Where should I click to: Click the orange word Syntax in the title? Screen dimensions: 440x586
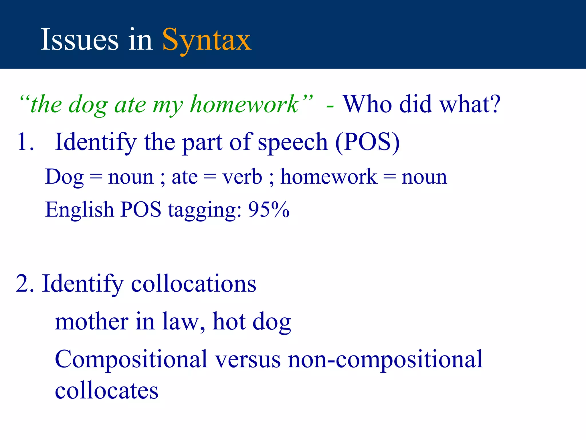pos(207,40)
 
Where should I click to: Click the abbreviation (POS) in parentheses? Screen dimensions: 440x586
pos(367,142)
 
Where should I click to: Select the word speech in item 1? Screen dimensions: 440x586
pos(292,143)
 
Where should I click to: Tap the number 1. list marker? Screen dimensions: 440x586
pos(25,142)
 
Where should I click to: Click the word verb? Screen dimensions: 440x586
pos(242,177)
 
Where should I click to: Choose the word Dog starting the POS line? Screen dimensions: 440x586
pos(64,177)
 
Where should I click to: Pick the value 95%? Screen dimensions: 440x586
pos(269,209)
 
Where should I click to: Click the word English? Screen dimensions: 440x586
pos(80,210)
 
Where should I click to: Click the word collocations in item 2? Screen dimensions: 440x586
pos(193,284)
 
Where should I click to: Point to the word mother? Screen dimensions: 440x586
pos(92,321)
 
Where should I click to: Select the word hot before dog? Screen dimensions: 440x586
pos(229,321)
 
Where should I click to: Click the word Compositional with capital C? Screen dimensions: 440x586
pos(131,360)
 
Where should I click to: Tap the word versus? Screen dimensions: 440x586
pos(248,360)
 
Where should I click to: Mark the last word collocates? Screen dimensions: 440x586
pos(106,391)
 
